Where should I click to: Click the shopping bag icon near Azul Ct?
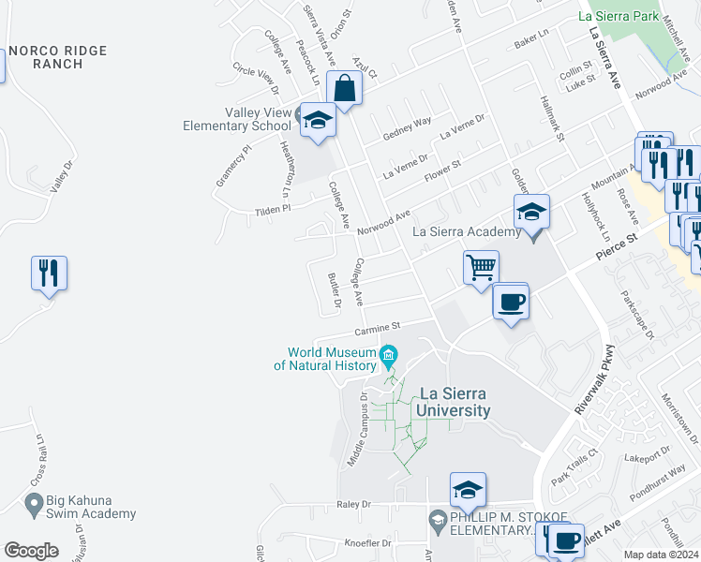click(x=344, y=89)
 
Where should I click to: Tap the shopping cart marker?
click(x=481, y=267)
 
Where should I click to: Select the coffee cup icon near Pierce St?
click(x=511, y=303)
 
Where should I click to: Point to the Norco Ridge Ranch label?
click(x=57, y=57)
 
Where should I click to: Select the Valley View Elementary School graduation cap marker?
click(x=318, y=121)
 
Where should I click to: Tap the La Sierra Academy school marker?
click(x=531, y=213)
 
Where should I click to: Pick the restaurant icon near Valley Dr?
click(x=49, y=274)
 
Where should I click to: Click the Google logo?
click(x=31, y=550)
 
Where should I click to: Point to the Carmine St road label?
click(x=377, y=328)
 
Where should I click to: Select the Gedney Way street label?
click(x=407, y=129)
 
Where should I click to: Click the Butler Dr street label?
click(x=334, y=290)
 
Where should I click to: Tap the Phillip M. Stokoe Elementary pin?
click(x=437, y=518)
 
